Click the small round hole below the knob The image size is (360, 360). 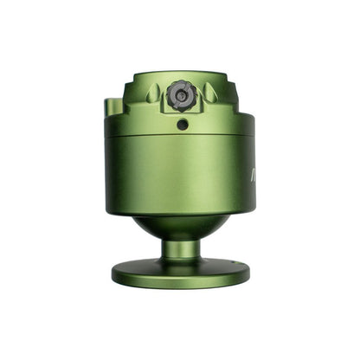coord(183,125)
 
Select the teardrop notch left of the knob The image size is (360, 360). coord(152,93)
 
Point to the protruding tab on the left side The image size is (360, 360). coord(110,107)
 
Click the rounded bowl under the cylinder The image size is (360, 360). coord(181,227)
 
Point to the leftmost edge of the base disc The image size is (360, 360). coord(112,273)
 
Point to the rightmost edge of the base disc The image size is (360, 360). coord(249,273)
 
